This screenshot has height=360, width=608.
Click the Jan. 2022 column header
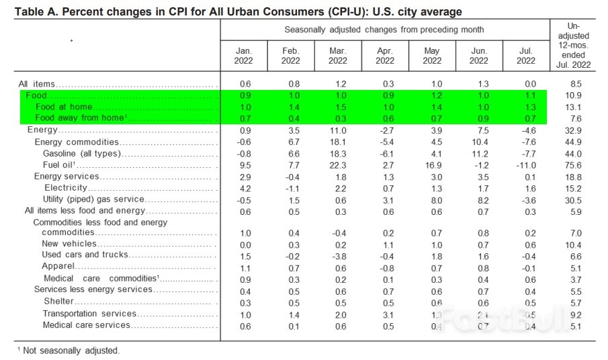pos(243,55)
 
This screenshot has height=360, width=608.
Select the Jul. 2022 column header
pos(525,55)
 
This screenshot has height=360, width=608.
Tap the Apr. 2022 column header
pos(384,55)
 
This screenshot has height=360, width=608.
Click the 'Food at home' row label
pos(64,107)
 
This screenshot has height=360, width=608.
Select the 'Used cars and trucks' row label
pos(77,255)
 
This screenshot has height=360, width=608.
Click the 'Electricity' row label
pos(66,188)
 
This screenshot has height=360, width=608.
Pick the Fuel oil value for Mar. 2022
pos(337,165)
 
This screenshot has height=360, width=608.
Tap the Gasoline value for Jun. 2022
pos(478,154)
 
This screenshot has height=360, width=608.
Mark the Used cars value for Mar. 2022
pos(337,256)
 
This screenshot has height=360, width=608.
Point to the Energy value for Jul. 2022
pos(525,130)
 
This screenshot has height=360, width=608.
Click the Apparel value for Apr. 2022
pos(384,267)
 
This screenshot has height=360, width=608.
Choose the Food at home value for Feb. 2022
pos(290,107)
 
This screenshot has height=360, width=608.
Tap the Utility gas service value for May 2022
pos(431,199)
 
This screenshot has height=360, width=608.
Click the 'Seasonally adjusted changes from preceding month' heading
pos(384,30)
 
